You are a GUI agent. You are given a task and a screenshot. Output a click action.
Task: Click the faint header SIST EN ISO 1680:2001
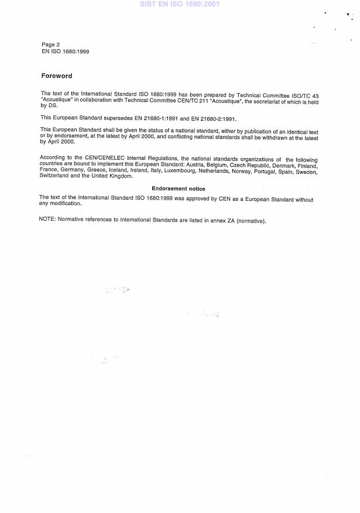click(180, 4)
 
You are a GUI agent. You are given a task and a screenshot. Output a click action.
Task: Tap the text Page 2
click(51, 45)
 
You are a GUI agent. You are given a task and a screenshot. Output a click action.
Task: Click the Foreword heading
click(57, 76)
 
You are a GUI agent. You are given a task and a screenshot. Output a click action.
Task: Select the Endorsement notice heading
click(179, 189)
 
